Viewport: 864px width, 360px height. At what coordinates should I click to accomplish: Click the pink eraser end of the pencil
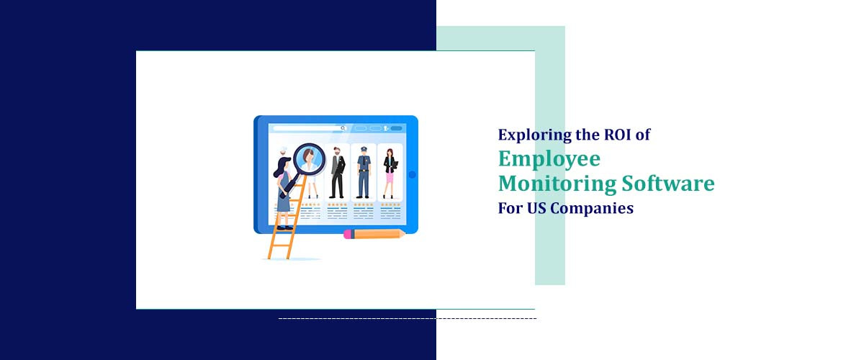click(348, 234)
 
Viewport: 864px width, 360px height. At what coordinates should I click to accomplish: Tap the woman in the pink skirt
click(390, 173)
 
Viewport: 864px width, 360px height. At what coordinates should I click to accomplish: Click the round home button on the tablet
click(412, 174)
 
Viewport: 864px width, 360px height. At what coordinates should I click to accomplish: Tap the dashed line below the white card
click(407, 318)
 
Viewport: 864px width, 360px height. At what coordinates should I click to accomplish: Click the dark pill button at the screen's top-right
click(396, 128)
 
